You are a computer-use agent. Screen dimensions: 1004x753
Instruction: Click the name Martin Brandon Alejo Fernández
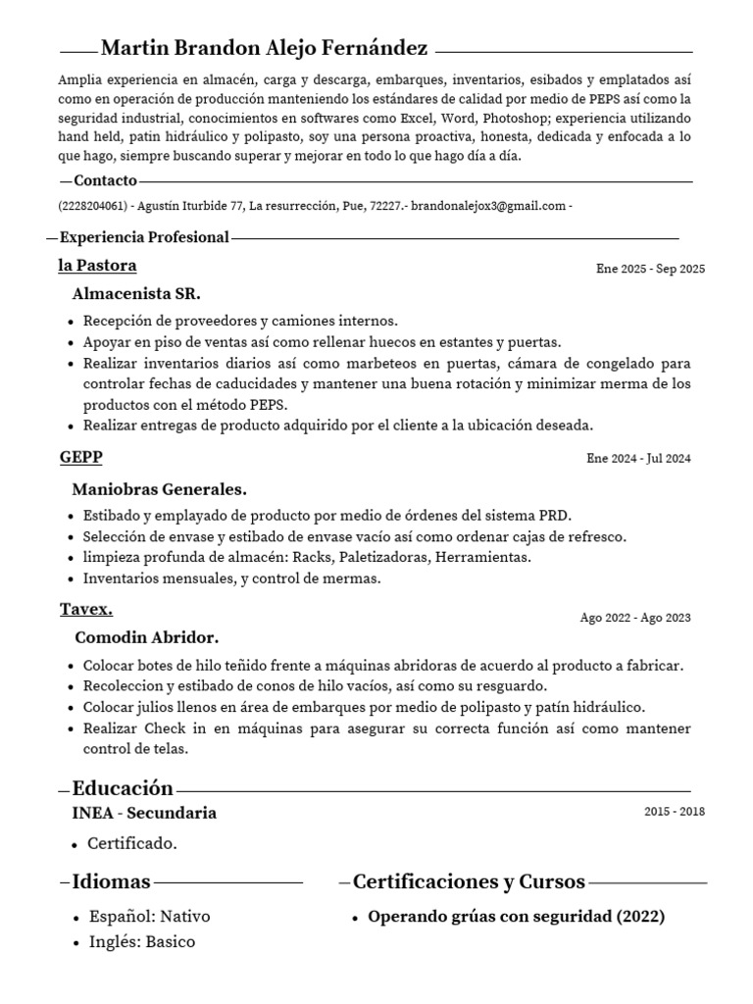coord(264,48)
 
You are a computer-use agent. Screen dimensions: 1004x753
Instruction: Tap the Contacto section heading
coord(105,180)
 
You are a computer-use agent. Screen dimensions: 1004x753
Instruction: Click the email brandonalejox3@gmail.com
coord(488,206)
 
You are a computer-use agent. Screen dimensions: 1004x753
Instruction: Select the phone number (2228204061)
coord(92,206)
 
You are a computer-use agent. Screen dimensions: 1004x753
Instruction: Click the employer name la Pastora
coord(97,266)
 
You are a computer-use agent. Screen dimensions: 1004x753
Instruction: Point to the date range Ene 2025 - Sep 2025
coord(650,269)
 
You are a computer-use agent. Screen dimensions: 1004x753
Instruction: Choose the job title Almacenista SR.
coord(136,293)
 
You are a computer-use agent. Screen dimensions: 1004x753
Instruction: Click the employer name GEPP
coord(80,457)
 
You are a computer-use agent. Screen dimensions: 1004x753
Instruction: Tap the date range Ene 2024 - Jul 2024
coord(638,458)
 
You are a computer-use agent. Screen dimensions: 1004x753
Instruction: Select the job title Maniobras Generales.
coord(159,488)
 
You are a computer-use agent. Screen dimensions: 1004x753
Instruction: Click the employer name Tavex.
coord(86,609)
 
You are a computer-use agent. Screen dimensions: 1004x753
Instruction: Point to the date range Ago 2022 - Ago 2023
coord(635,618)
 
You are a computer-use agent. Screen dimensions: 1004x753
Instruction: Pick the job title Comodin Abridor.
coord(146,637)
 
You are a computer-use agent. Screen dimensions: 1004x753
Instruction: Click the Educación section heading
coord(123,788)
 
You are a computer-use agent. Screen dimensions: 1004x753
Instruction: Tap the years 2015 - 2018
coord(674,812)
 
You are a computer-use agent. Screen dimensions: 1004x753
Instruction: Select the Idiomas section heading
coord(111,881)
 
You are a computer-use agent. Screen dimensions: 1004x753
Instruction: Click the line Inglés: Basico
coord(141,942)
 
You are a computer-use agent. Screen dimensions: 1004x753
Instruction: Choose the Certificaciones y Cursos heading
coord(469,881)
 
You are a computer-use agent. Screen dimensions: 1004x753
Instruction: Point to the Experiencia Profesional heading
coord(144,237)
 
